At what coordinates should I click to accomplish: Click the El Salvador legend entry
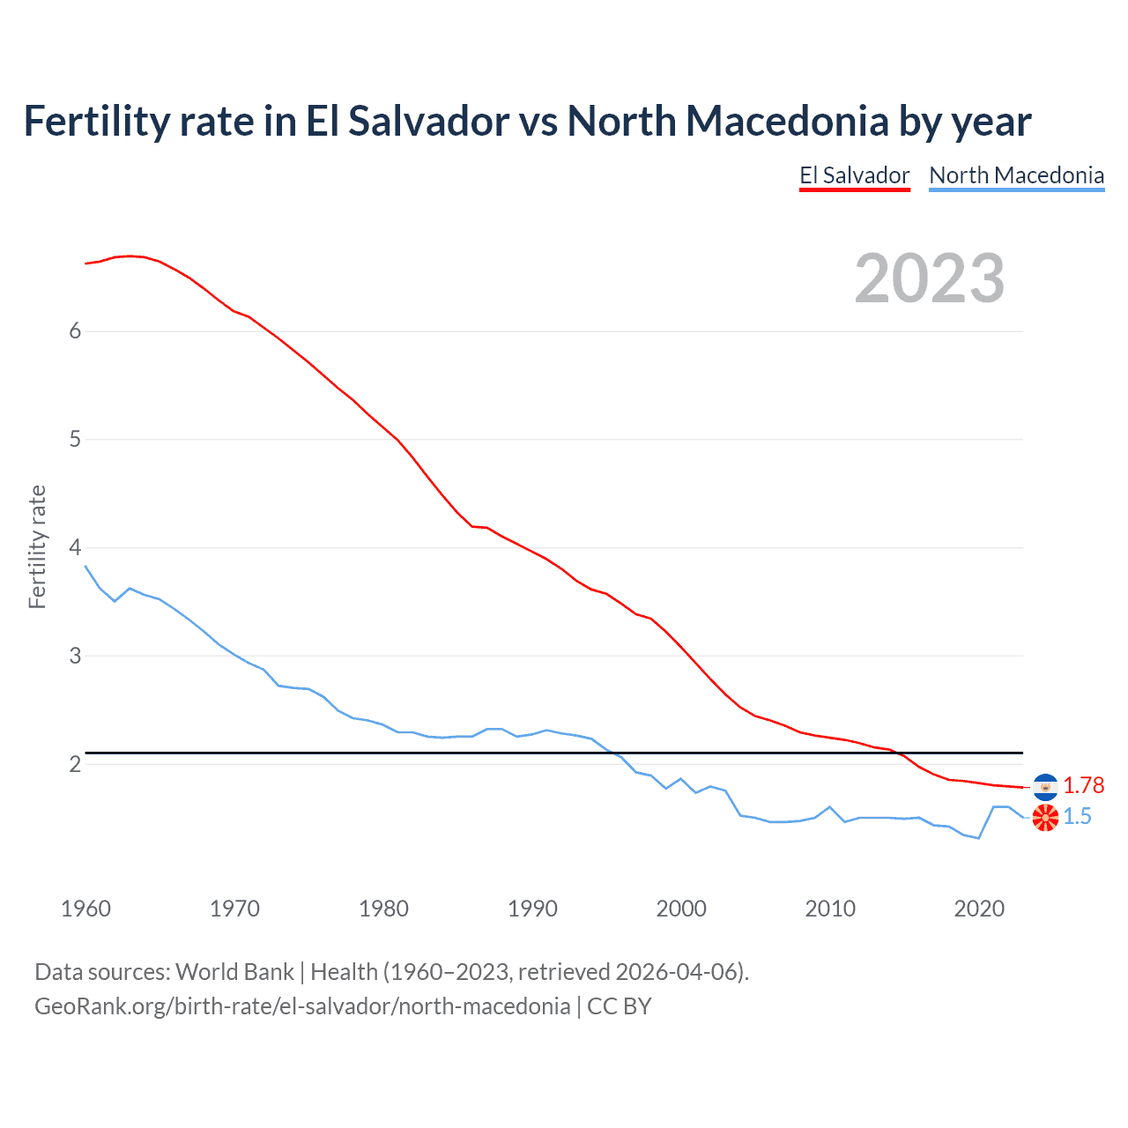coord(854,175)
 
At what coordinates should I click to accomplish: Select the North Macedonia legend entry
coord(1016,175)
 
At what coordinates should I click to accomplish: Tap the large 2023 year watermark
coord(929,278)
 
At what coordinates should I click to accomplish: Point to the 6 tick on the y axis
coord(75,331)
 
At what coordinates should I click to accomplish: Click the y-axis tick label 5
coord(75,440)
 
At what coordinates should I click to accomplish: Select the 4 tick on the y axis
coord(75,548)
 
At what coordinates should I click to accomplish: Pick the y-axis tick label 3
coord(75,657)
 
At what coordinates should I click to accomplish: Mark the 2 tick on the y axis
coord(75,765)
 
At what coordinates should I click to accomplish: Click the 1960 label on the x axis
coord(85,909)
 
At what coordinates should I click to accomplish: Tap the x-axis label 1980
coord(383,909)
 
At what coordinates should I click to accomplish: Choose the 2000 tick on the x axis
coord(681,909)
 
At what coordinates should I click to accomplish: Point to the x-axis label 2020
coord(979,909)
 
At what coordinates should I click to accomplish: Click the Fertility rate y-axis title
coord(37,546)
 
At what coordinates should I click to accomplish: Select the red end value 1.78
coord(1083,785)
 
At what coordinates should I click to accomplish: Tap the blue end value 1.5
coord(1077,817)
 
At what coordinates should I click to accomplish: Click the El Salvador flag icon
coord(1045,786)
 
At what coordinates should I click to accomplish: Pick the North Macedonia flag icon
coord(1045,818)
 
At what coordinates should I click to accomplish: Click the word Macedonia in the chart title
coord(787,121)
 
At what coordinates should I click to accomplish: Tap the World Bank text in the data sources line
coord(234,972)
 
